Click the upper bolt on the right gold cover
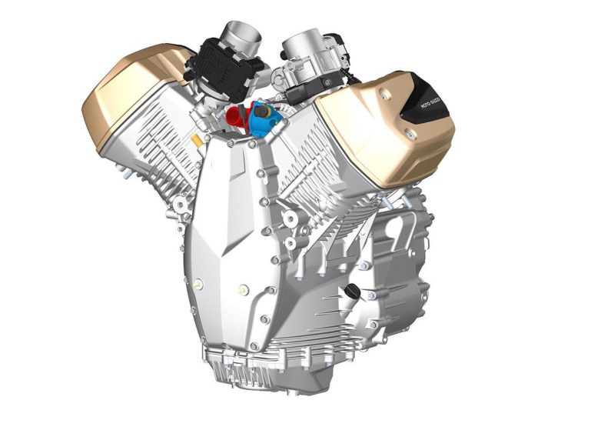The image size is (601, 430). [x=382, y=92]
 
